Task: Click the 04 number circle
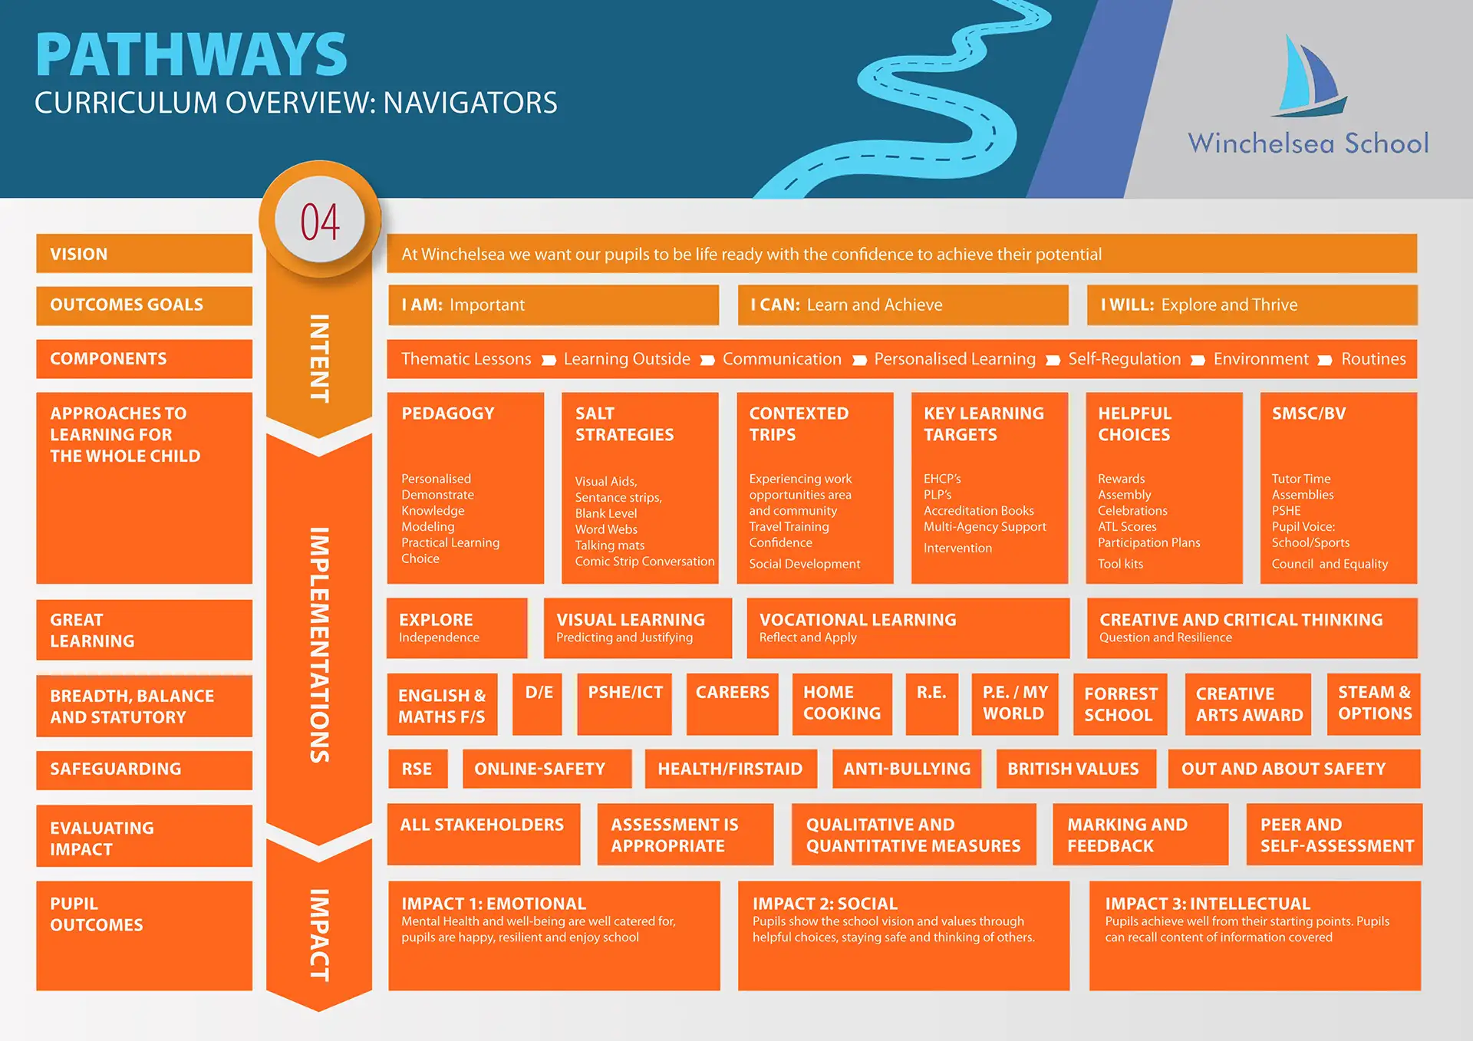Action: (x=320, y=222)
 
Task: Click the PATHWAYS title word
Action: (x=191, y=55)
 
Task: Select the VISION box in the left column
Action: (x=143, y=254)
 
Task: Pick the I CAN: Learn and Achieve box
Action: (x=902, y=305)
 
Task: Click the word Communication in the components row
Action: (x=782, y=359)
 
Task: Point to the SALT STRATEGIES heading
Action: (x=624, y=424)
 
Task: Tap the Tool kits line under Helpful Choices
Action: (x=1120, y=564)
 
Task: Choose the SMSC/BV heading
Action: (x=1309, y=413)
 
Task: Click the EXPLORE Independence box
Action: (x=456, y=628)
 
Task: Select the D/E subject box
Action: (x=538, y=703)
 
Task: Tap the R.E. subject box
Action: (x=931, y=703)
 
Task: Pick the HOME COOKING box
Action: (x=842, y=703)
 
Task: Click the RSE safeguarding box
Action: (x=417, y=769)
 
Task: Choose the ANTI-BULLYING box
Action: (x=907, y=769)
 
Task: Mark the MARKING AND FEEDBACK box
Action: (x=1139, y=835)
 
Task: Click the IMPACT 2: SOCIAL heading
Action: (x=825, y=904)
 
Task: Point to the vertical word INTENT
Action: (x=319, y=358)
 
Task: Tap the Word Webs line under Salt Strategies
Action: (x=606, y=529)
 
